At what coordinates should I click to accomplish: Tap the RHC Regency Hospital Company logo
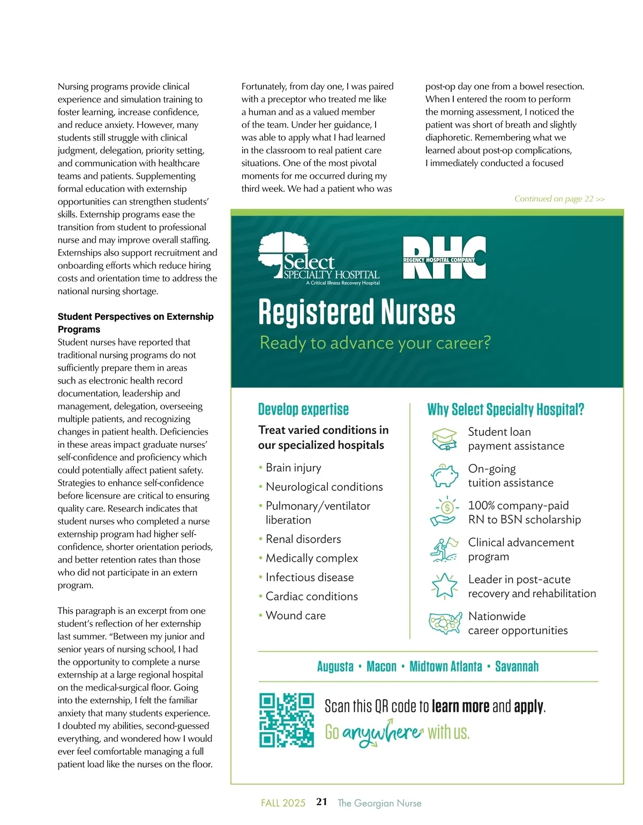tap(444, 258)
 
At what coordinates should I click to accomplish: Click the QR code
tap(286, 719)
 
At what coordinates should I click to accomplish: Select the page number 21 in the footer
tap(322, 802)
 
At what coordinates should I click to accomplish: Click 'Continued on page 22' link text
tap(559, 199)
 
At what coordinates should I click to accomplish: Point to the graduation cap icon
tap(444, 439)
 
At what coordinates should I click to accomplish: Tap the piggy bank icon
tap(444, 475)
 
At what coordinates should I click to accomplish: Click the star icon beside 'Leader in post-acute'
tap(444, 586)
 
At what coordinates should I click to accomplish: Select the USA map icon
tap(445, 623)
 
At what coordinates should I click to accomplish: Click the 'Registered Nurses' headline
tap(356, 312)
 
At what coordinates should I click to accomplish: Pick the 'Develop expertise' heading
tap(303, 410)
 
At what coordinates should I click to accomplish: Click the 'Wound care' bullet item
tap(295, 616)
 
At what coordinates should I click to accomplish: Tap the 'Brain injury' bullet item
tap(293, 468)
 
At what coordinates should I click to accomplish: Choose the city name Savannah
tap(517, 666)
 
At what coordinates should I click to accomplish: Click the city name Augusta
tap(335, 666)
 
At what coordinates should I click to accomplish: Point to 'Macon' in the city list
tap(381, 666)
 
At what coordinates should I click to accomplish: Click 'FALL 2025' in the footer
tap(283, 803)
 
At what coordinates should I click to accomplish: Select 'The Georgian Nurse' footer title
tap(379, 803)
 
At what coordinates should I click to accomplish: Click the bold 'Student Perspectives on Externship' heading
tap(136, 317)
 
